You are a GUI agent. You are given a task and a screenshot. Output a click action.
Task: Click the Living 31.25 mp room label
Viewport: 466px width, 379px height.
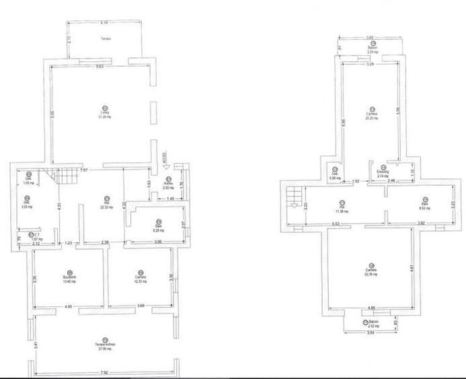click(104, 116)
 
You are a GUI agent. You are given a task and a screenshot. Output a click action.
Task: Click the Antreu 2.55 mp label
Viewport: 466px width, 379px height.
click(169, 185)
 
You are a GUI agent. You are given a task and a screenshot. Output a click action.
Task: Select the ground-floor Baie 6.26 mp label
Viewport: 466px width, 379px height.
click(157, 227)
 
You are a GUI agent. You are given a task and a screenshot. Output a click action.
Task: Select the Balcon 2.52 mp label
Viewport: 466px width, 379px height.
click(368, 325)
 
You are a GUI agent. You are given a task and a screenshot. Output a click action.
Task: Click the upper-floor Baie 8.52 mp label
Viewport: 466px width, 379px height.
click(424, 206)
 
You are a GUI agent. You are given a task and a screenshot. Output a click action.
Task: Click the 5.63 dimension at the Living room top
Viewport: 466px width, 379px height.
click(100, 66)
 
